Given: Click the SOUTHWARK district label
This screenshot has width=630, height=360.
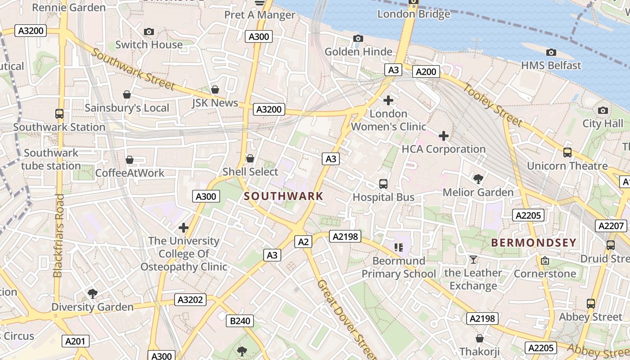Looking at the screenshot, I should (x=283, y=196).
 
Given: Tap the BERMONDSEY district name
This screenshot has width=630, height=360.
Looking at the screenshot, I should (x=533, y=243).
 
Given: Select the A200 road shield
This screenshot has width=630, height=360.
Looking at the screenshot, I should (x=426, y=72).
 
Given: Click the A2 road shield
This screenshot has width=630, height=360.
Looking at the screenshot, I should (x=303, y=242).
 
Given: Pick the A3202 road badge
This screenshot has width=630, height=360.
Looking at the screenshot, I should (x=190, y=300).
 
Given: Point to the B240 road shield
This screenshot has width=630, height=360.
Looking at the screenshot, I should (x=239, y=321).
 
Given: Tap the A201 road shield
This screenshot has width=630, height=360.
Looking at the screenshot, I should (x=75, y=341).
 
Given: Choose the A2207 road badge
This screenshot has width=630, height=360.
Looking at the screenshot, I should (x=611, y=226).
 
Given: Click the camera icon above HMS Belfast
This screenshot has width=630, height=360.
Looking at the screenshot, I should (x=551, y=53).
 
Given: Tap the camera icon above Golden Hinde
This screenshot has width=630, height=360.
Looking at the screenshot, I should (x=358, y=39).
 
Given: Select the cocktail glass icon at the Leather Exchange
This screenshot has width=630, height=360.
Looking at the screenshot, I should (x=473, y=259).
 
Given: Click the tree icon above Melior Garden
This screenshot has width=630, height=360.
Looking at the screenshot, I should (x=478, y=179).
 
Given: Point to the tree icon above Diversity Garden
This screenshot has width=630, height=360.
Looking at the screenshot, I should (x=93, y=294).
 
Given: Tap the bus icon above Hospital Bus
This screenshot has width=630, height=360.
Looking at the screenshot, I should (x=383, y=184).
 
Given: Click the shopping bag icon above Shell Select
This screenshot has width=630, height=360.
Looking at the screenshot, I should (x=250, y=158).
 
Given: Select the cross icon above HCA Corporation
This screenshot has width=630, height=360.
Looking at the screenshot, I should (x=444, y=135).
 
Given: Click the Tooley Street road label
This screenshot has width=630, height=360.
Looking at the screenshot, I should (x=494, y=105).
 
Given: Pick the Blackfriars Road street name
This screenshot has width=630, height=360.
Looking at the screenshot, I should (x=58, y=235).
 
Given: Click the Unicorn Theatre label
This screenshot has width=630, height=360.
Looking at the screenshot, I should (x=567, y=166).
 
